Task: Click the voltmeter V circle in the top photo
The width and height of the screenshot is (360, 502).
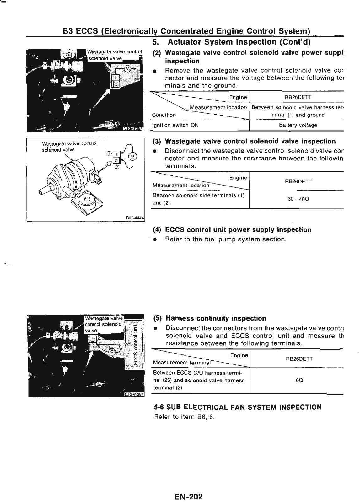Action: click(x=127, y=68)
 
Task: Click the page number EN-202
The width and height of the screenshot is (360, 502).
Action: click(x=189, y=488)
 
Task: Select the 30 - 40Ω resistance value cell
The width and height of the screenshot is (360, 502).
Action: click(x=296, y=199)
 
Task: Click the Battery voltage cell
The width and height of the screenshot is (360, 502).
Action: click(x=298, y=125)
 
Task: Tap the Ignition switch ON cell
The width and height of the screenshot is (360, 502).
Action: click(x=175, y=125)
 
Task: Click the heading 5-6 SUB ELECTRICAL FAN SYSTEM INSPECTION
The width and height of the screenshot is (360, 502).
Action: click(x=238, y=407)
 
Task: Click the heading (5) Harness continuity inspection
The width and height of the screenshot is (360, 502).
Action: click(x=210, y=318)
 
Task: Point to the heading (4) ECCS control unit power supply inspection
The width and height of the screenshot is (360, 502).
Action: click(x=232, y=230)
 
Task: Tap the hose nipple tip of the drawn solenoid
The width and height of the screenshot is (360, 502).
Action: click(x=41, y=191)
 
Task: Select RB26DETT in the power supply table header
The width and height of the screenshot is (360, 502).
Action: click(x=298, y=97)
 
